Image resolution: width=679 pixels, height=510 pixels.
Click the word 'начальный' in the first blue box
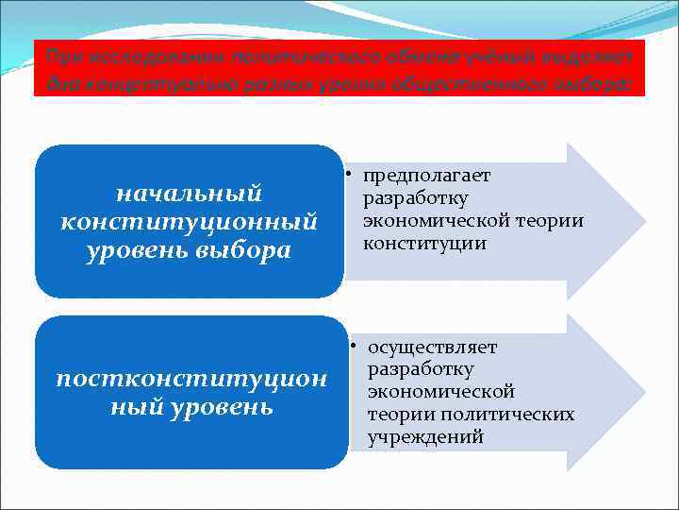tap(188, 194)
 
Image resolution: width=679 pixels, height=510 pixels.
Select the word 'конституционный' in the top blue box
tap(188, 222)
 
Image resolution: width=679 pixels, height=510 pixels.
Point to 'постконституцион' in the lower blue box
tap(191, 379)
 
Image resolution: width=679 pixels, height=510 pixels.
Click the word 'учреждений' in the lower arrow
tap(425, 437)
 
